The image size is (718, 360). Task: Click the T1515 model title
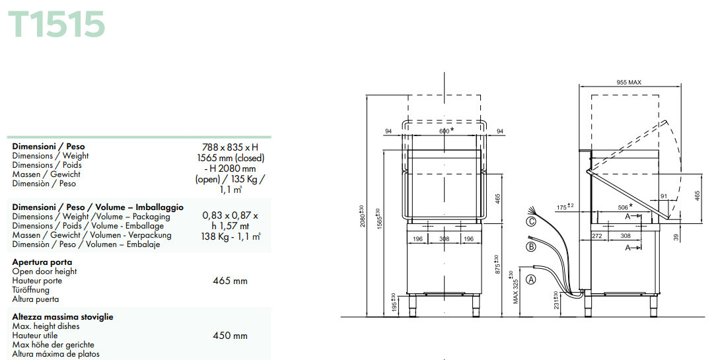pos(56,24)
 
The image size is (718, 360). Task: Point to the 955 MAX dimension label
pos(629,83)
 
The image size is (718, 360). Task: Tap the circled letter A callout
pos(530,279)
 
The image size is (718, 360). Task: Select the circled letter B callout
pos(530,247)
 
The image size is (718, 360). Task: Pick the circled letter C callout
pos(530,222)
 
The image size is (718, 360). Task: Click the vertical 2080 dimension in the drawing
pos(362,215)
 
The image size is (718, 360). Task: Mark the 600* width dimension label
pos(447,131)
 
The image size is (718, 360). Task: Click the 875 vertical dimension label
pos(497,264)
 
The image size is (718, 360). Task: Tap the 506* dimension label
pos(625,207)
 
